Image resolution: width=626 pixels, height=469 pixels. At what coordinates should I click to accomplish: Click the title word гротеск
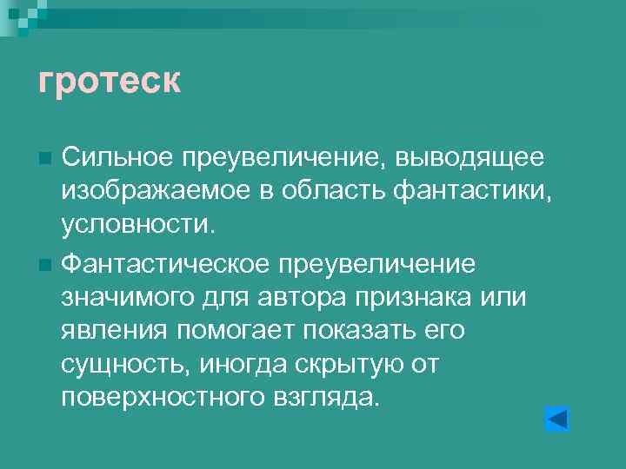[110, 82]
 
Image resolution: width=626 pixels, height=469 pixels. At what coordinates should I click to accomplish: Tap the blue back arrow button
[556, 419]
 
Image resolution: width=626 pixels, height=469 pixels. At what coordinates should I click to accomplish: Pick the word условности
[136, 225]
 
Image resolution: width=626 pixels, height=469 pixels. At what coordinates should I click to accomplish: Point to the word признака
[416, 297]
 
